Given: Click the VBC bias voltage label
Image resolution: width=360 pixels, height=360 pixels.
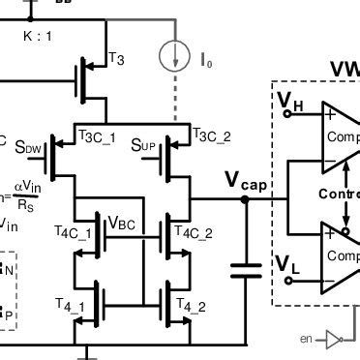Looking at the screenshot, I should [x=123, y=224].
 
